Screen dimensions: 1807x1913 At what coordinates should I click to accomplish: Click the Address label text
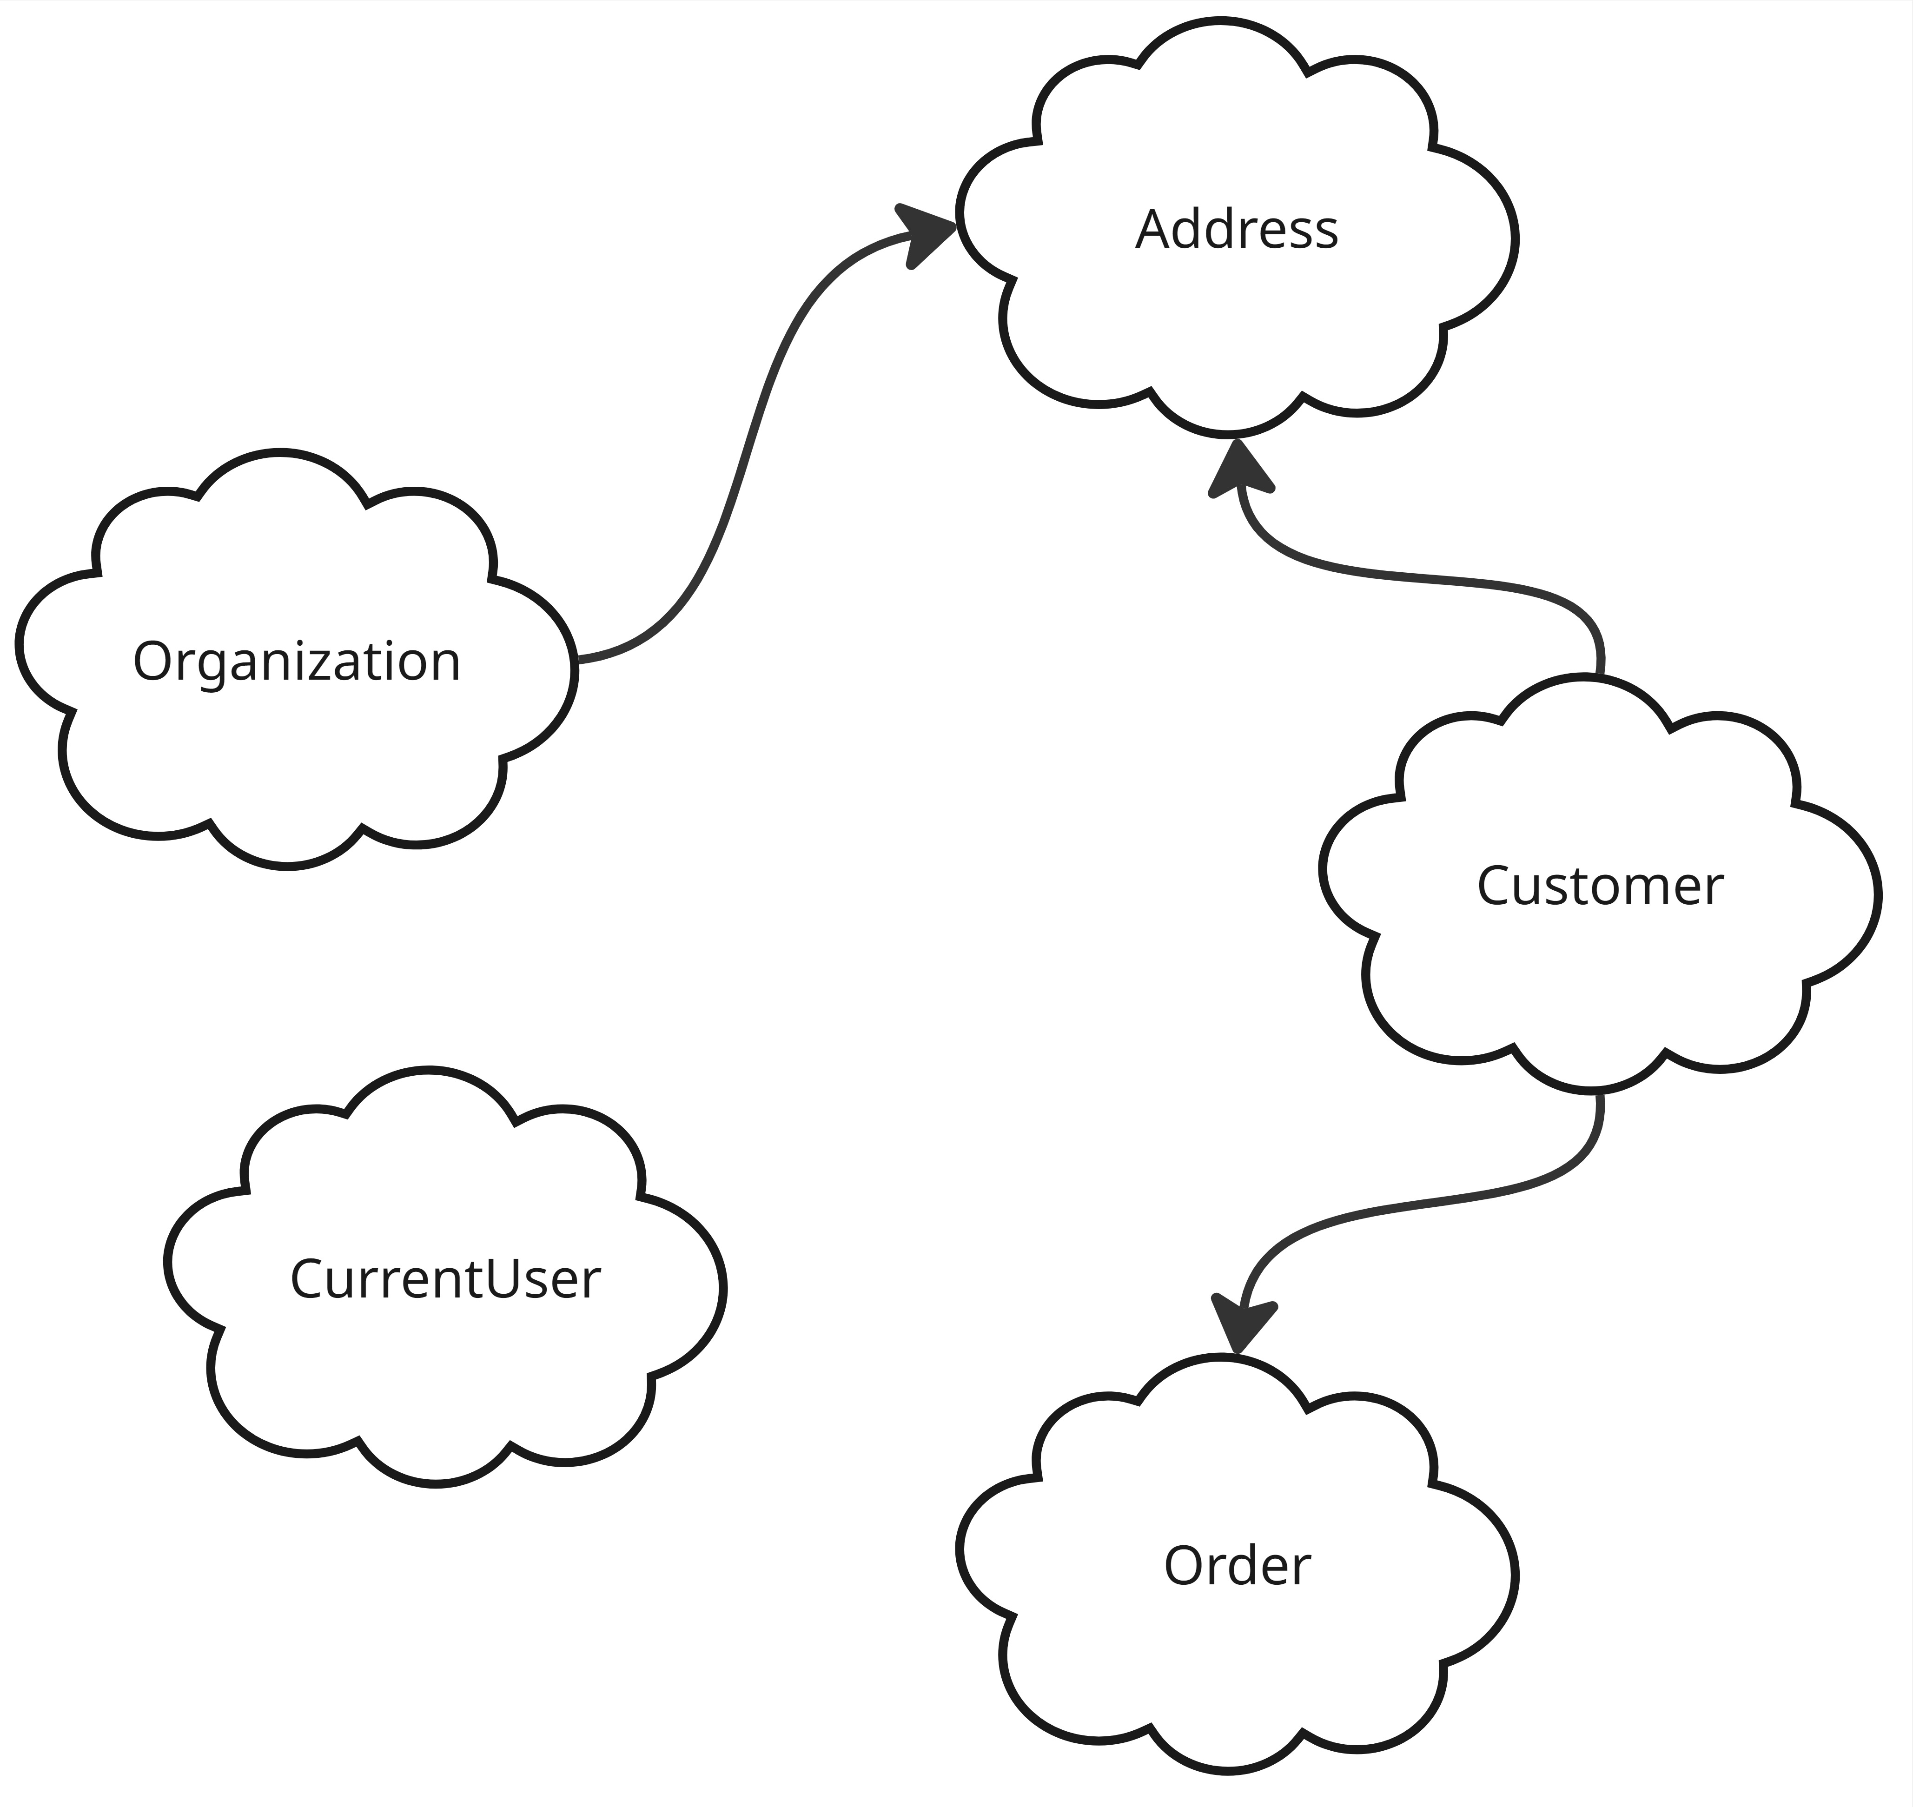(x=1237, y=230)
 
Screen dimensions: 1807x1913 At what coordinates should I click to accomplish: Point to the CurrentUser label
(x=445, y=1279)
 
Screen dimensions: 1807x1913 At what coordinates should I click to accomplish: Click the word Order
(x=1237, y=1566)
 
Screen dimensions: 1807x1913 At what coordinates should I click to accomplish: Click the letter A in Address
(x=1154, y=230)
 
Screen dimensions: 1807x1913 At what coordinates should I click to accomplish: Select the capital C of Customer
(x=1495, y=886)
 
